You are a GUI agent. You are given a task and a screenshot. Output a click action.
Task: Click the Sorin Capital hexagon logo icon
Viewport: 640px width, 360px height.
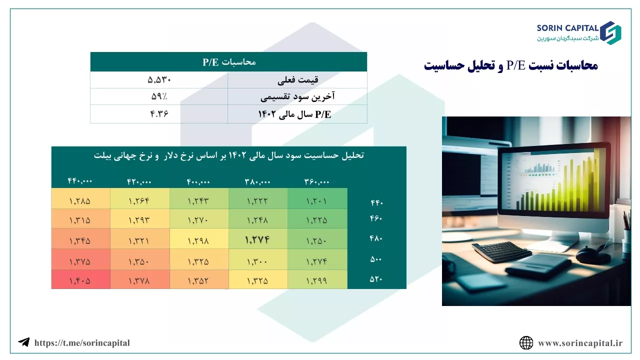click(x=610, y=33)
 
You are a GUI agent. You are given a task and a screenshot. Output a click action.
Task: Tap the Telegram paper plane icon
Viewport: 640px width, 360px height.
click(x=24, y=342)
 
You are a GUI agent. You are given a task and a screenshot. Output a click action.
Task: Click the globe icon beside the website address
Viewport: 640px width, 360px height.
click(x=526, y=343)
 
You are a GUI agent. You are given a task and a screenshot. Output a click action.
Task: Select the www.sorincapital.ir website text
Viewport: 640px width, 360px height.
click(x=580, y=343)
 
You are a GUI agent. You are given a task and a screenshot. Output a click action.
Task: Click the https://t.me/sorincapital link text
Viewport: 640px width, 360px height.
click(x=82, y=343)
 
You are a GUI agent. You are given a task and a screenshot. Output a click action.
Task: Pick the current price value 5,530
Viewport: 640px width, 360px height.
click(x=159, y=79)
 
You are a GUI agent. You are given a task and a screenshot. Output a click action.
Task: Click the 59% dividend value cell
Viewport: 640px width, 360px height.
click(x=159, y=96)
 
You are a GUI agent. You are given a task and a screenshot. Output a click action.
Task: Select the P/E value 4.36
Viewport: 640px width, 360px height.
click(x=159, y=114)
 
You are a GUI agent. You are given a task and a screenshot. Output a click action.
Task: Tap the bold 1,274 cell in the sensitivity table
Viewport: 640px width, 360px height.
click(x=257, y=239)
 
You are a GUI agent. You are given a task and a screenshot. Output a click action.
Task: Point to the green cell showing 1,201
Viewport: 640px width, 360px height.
click(x=316, y=201)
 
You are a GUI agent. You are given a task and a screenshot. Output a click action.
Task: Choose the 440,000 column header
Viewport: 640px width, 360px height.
click(x=80, y=181)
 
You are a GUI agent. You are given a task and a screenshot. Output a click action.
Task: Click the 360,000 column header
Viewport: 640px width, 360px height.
click(x=316, y=181)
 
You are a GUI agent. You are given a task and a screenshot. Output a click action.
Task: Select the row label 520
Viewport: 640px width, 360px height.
click(x=376, y=279)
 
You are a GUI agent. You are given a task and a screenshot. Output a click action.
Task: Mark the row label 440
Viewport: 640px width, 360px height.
click(x=376, y=202)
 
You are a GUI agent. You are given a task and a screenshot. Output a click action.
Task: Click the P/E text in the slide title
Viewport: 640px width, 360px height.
click(x=516, y=65)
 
